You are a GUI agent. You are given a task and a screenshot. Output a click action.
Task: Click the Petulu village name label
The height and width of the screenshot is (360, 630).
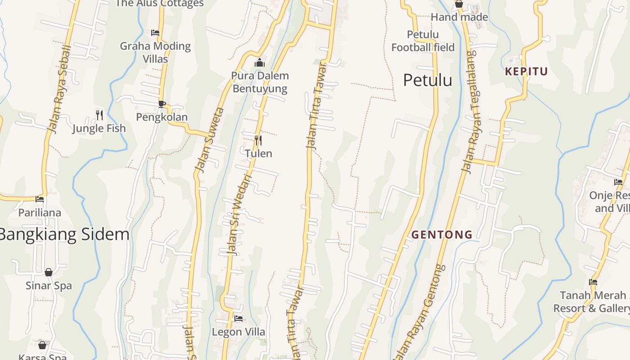coord(427,81)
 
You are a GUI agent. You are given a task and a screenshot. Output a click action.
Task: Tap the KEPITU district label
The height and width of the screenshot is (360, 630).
coord(526,72)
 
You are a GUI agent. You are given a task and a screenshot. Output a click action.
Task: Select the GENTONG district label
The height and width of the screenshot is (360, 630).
coord(442,234)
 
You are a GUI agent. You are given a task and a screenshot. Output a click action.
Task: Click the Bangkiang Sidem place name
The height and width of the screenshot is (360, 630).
coord(64,234)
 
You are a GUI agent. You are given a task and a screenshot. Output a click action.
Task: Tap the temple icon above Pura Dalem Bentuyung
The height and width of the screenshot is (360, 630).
coord(260,63)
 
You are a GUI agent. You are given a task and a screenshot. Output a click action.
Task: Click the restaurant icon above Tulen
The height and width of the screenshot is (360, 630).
coord(258,140)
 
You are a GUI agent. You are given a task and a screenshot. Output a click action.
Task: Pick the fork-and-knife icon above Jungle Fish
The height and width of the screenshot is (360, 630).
coord(99,115)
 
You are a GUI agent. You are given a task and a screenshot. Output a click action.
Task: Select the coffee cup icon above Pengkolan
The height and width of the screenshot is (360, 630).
coord(162,104)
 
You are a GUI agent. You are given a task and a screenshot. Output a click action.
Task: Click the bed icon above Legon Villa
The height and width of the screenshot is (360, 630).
coord(238,319)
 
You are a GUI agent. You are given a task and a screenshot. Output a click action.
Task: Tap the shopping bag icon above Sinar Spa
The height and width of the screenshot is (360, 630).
coord(49,272)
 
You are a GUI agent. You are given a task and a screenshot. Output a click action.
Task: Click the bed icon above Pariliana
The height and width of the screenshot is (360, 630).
coord(40,199)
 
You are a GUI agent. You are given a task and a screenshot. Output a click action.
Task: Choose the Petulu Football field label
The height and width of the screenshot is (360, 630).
coord(423,41)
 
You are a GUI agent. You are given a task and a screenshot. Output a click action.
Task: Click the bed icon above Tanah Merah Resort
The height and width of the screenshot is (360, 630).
coord(593,282)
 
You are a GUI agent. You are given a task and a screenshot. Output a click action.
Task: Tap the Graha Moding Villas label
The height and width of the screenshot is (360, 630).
coord(155,52)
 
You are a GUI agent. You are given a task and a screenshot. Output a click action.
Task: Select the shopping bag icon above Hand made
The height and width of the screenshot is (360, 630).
coord(459,4)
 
